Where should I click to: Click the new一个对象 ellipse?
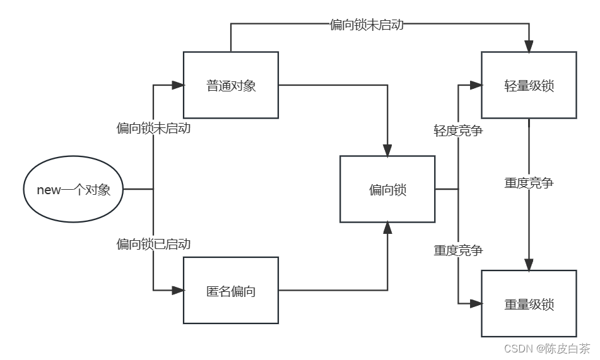pos(73,189)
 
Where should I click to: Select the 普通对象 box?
pos(231,85)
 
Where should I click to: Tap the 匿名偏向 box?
pos(231,291)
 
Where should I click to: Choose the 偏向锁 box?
pos(387,189)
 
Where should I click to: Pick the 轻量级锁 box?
pos(529,85)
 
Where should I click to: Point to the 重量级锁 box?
pos(529,304)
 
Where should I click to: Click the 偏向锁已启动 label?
pos(153,244)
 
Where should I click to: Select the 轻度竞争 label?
pos(458,131)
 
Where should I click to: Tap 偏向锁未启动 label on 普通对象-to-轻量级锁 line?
pos(367,25)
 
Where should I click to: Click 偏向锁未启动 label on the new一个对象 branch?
pos(153,129)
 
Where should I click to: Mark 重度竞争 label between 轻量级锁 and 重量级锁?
pos(529,183)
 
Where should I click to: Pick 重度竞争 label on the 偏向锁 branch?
pos(458,250)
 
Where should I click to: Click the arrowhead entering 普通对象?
pos(177,85)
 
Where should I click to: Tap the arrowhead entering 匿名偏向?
pos(177,291)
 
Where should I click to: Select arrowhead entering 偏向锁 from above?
pos(387,150)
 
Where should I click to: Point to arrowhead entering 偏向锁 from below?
pos(387,228)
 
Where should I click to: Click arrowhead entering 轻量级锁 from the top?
pos(529,46)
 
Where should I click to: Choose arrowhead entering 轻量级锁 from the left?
pos(476,85)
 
